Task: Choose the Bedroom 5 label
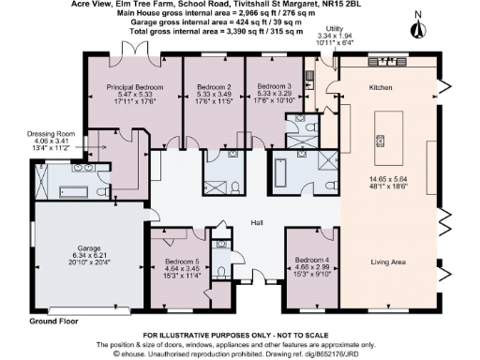(183, 262)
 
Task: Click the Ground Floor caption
(52, 321)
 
